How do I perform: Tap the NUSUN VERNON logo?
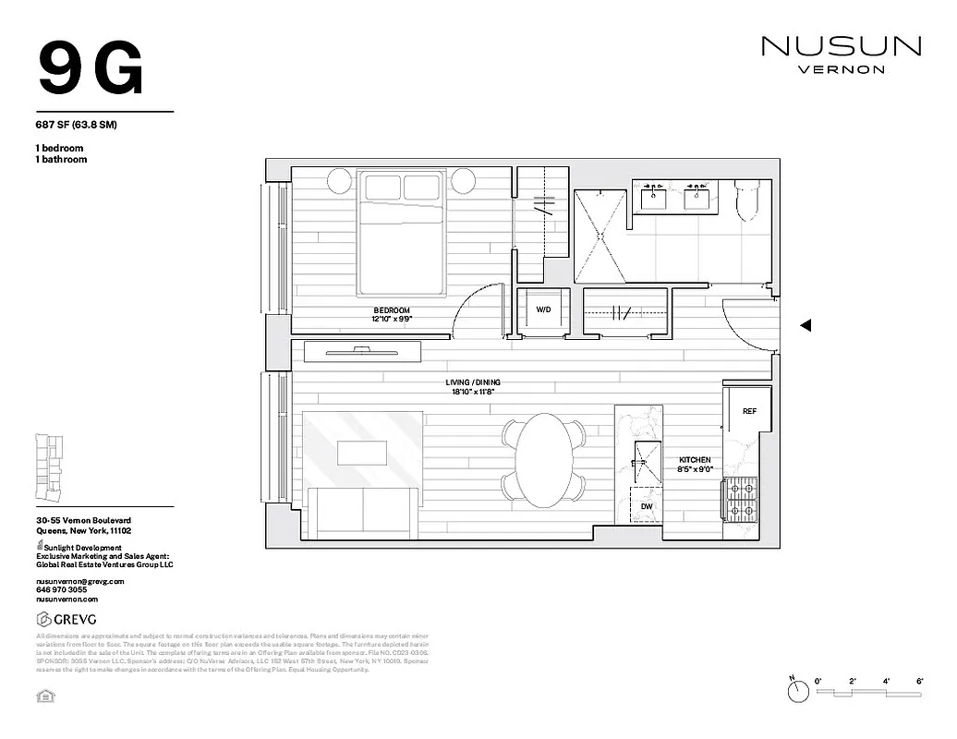(841, 53)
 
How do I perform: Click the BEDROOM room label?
(392, 314)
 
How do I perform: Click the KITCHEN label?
(695, 464)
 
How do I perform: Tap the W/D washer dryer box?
(543, 310)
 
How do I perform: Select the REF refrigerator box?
(749, 411)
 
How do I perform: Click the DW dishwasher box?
(646, 505)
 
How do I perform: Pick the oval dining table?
(542, 459)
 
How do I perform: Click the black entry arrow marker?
(805, 325)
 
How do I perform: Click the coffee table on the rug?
(362, 453)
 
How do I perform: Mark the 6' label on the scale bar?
(920, 681)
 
